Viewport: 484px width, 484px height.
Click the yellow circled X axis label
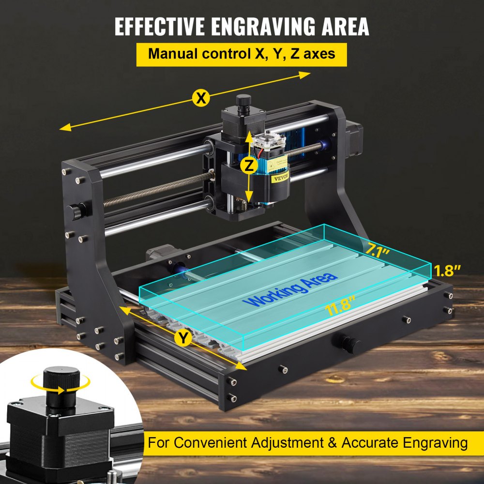tap(200, 98)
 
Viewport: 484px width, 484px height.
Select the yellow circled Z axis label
tap(249, 166)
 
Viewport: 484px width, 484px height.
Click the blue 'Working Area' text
tap(290, 290)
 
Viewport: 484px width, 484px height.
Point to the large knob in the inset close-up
tap(61, 382)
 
